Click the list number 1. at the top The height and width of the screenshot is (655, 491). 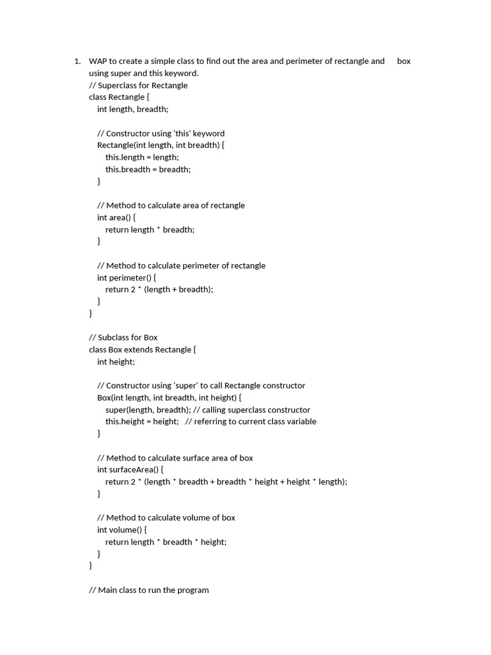(77, 61)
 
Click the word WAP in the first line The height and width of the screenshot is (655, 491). (98, 61)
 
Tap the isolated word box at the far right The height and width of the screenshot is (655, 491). (403, 61)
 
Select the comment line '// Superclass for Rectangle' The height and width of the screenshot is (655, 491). (138, 85)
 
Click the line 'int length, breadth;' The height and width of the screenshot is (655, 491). (133, 109)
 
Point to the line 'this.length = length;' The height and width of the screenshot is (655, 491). (142, 157)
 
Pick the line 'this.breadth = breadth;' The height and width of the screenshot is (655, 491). (148, 170)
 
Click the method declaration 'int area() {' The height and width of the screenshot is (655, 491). (116, 217)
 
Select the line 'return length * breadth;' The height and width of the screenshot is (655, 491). (150, 230)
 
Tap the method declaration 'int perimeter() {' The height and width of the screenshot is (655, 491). (127, 278)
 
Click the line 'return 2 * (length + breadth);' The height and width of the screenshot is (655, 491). (159, 289)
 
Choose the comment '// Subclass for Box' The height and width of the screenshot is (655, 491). (123, 337)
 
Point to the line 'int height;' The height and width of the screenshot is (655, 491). (116, 361)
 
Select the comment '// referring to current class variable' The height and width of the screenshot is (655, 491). (251, 422)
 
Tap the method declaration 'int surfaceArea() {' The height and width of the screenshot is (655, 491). (130, 470)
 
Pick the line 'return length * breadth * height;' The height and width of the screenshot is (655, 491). (166, 542)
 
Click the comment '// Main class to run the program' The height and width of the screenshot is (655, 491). (149, 590)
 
